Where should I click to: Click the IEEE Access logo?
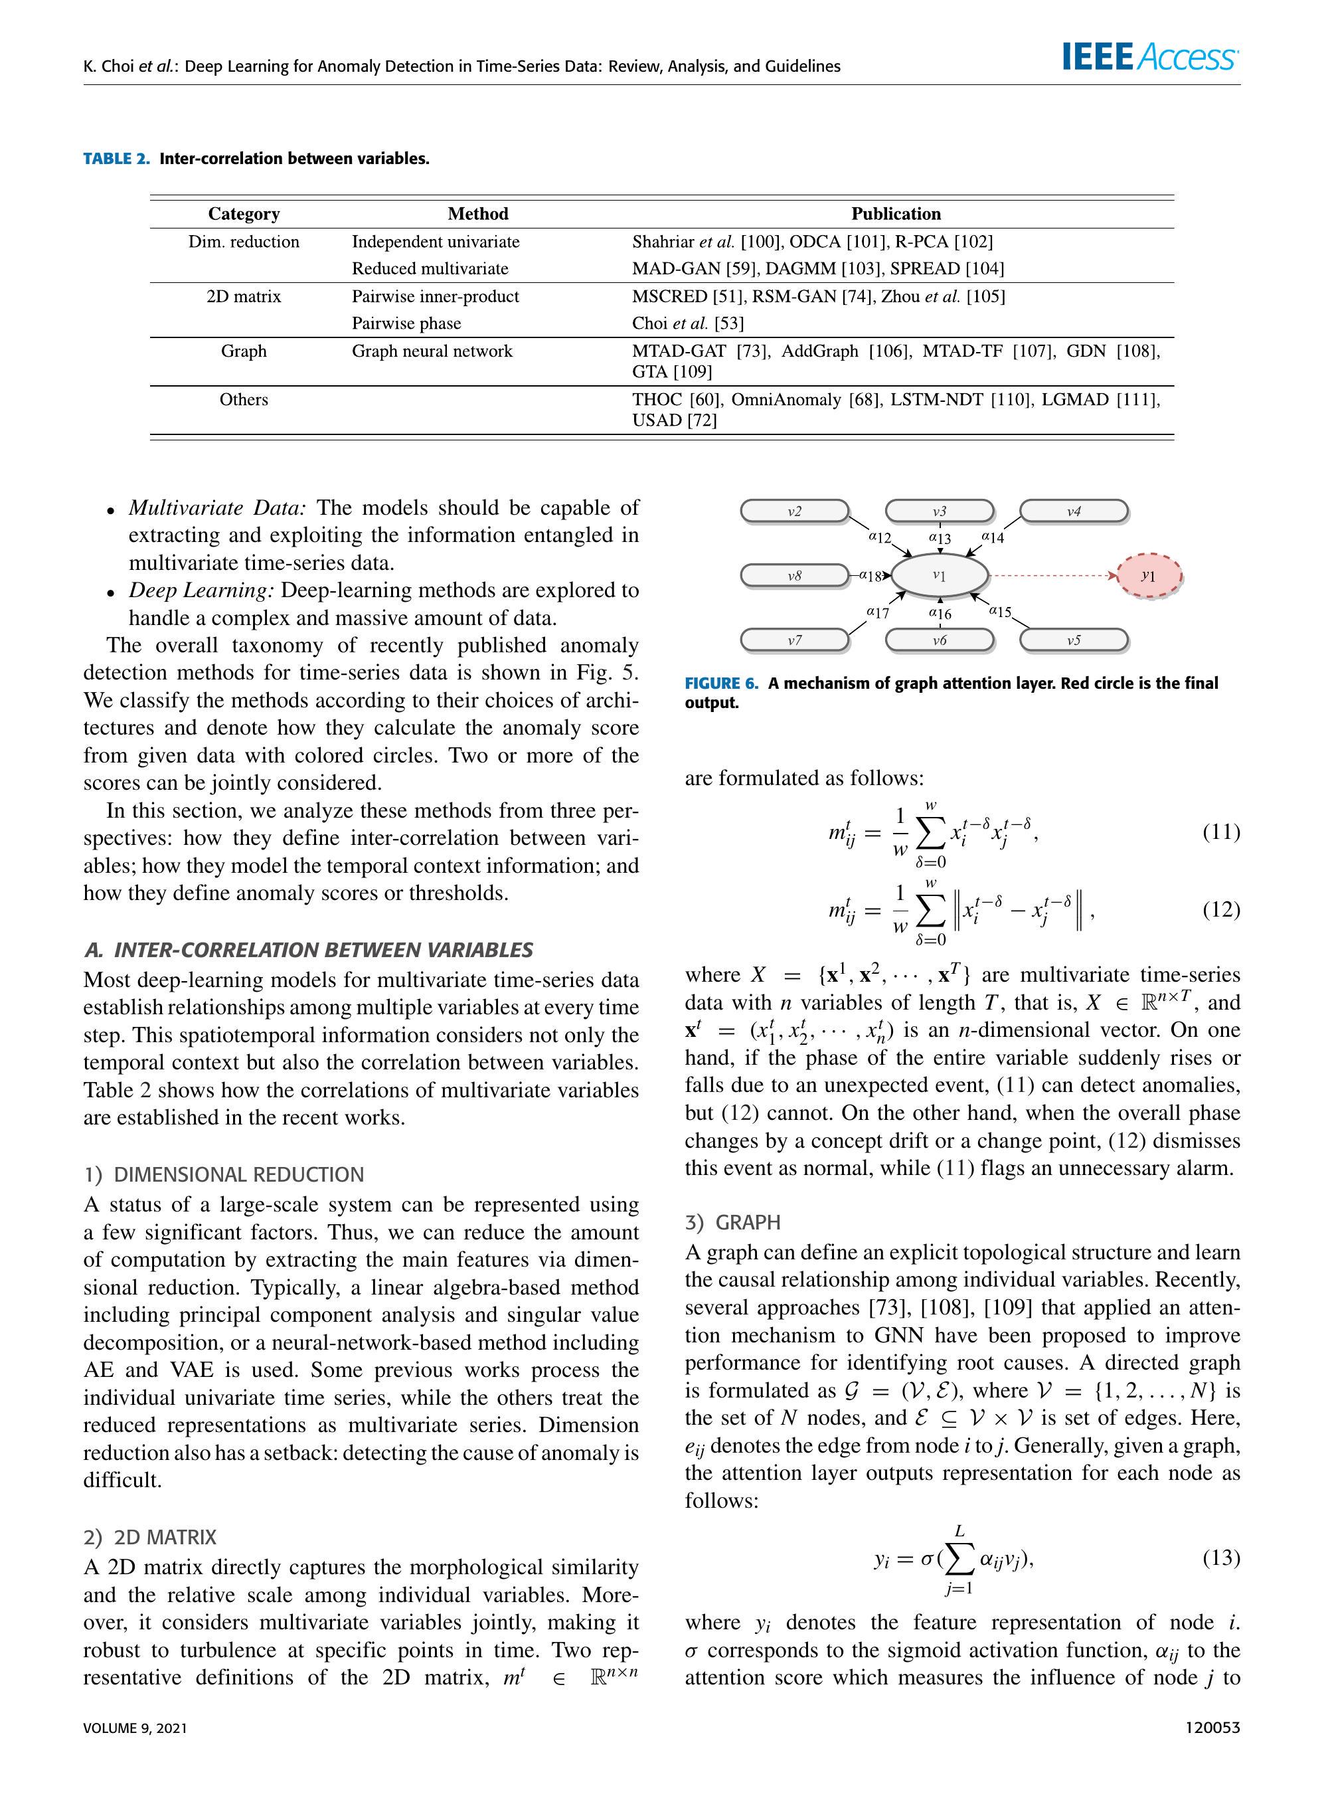coord(1149,57)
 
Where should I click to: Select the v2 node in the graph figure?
coord(794,511)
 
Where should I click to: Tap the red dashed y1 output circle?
coord(1149,576)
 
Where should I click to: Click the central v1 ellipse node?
coord(939,576)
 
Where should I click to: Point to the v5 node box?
coord(1073,640)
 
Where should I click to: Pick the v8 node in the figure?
coord(794,576)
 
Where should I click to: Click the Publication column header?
coord(896,214)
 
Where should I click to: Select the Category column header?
coord(244,214)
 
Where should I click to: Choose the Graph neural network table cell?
coord(432,351)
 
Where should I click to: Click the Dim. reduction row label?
coord(244,242)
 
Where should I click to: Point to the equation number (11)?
coord(1220,832)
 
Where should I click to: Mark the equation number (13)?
coord(1220,1558)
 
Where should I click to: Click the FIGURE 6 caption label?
coord(721,683)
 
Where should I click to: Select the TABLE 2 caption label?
coord(117,158)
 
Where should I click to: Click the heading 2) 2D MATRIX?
coord(149,1538)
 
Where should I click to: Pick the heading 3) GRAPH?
coord(732,1222)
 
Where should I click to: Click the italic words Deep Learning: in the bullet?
coord(202,590)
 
